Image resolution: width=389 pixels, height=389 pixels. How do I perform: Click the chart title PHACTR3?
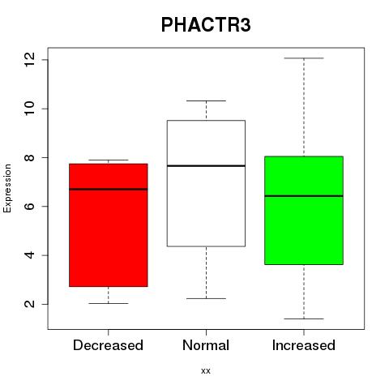(206, 25)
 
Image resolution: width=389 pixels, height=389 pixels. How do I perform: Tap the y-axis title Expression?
(7, 188)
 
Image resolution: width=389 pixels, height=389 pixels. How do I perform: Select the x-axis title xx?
(206, 371)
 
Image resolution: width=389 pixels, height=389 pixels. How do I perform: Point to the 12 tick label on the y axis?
(29, 60)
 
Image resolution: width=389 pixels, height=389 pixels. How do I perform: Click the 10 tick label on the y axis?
(29, 109)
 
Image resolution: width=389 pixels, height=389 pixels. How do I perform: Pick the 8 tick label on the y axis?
(29, 157)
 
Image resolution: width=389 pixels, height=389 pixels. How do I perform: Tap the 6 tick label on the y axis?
(29, 206)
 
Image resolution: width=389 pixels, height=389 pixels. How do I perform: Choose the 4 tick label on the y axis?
(29, 255)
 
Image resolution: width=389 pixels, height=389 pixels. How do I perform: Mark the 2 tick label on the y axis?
(29, 304)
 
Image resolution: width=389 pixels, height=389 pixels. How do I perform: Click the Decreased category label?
(108, 345)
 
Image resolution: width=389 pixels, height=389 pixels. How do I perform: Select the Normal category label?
(206, 345)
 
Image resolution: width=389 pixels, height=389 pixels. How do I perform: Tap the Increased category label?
(304, 345)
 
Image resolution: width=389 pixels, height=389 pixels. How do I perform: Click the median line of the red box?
(109, 189)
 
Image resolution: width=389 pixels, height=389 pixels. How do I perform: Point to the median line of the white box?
(206, 166)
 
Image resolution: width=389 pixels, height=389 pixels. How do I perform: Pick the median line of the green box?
(304, 196)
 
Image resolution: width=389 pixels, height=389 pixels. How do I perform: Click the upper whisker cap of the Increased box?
(304, 58)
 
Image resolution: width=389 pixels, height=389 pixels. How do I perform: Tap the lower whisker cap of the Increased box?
(304, 318)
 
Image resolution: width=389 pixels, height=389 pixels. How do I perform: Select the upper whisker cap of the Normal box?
(206, 100)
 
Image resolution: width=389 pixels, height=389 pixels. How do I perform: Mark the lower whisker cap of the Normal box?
(206, 298)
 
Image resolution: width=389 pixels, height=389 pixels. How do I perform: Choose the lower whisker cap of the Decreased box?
(109, 303)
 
